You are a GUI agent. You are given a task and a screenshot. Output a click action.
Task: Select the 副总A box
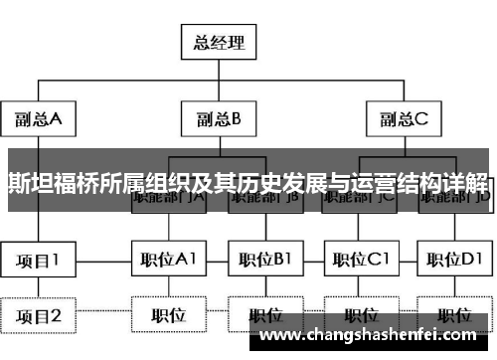(x=39, y=120)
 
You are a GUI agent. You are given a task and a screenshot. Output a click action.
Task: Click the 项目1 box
(x=39, y=261)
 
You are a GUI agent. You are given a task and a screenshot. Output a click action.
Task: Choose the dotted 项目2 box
(x=39, y=317)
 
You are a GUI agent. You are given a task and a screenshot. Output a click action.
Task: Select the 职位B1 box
(x=264, y=261)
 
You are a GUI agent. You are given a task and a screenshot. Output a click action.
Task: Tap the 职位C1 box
(x=360, y=261)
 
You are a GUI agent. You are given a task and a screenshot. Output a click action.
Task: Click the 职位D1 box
(x=455, y=261)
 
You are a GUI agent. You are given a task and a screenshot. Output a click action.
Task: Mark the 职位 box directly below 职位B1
(x=264, y=316)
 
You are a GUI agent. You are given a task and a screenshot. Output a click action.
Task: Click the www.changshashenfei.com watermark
(x=374, y=335)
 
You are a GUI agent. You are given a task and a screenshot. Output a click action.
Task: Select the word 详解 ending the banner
(x=467, y=184)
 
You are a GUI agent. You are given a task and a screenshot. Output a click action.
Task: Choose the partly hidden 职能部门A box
(x=168, y=200)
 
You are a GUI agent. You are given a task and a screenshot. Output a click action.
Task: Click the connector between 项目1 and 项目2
(x=39, y=288)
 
